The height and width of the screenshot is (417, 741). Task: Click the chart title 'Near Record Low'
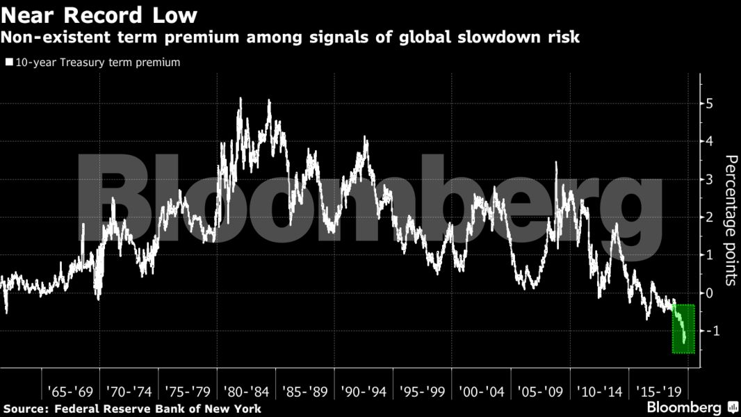99,15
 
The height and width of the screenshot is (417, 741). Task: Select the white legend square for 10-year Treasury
8,63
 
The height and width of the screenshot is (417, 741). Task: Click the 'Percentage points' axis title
731,221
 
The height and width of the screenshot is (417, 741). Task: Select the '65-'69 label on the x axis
70,391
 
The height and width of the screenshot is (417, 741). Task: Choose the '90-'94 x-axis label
364,391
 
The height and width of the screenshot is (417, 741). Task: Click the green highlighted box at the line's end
683,329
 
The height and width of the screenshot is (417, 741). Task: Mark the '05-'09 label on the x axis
539,391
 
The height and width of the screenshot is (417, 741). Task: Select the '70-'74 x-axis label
129,391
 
